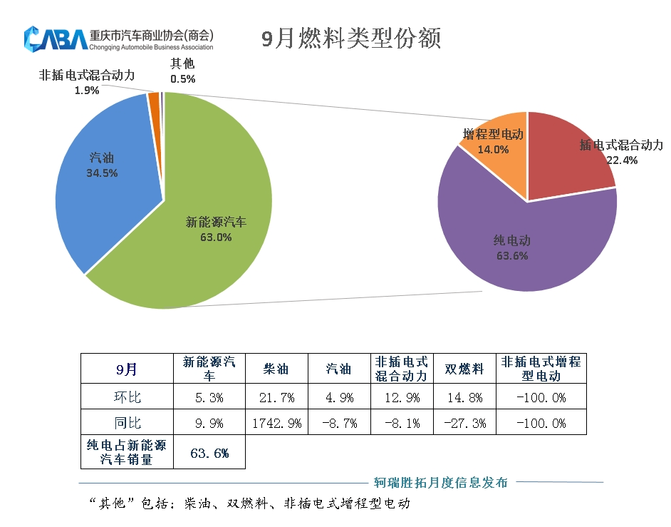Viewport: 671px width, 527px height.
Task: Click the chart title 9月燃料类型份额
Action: [x=350, y=38]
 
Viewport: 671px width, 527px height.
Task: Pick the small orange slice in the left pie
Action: [x=154, y=103]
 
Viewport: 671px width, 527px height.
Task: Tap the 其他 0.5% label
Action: [x=182, y=71]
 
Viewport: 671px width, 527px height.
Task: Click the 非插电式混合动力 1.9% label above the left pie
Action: [x=87, y=82]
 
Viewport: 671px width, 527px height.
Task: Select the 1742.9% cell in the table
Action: [x=276, y=423]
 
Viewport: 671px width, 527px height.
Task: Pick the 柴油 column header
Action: [x=276, y=369]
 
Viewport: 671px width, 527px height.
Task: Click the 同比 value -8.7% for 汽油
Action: [x=339, y=423]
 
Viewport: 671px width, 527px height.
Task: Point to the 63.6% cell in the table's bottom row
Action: [x=209, y=453]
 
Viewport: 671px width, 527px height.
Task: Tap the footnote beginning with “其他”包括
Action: [x=249, y=503]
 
